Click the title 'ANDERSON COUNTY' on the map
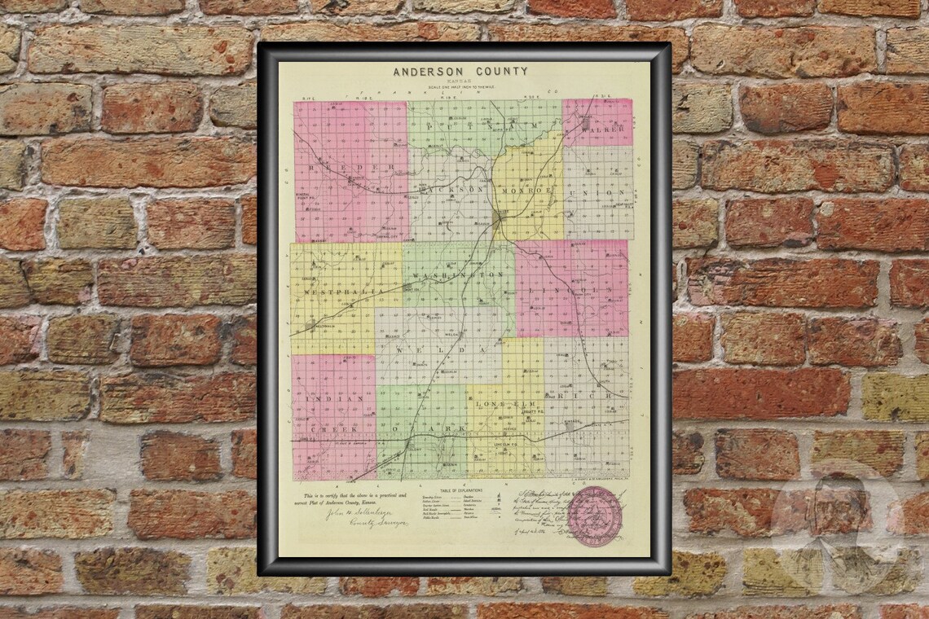(x=460, y=72)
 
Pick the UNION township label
(x=598, y=192)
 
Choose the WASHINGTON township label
(x=458, y=276)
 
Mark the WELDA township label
(x=447, y=349)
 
